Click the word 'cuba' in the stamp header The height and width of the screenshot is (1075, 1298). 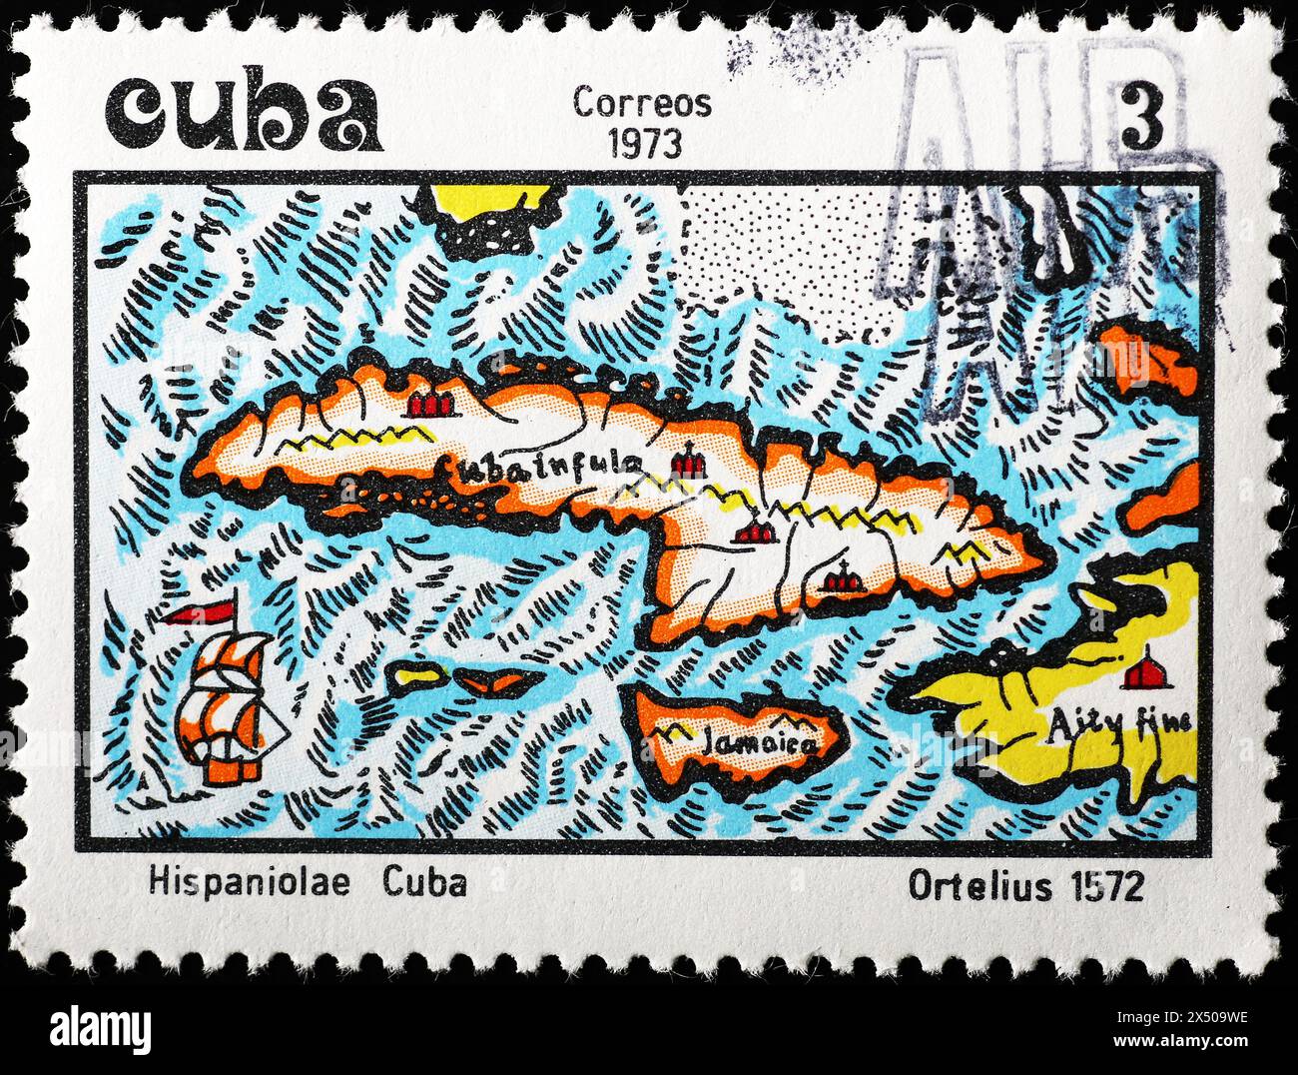244,112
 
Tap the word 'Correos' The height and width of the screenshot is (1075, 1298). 642,103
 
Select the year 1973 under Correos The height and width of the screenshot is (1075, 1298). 645,144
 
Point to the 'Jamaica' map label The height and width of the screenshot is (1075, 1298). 760,741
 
